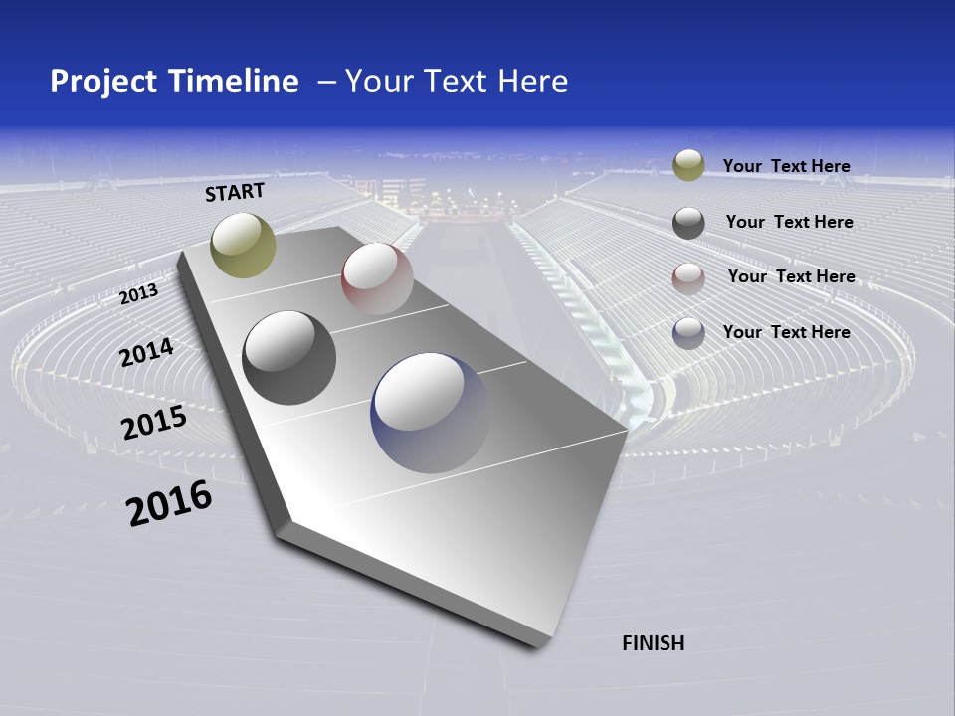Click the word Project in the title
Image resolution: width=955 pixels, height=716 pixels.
click(103, 82)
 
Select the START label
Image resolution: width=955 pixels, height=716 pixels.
click(235, 192)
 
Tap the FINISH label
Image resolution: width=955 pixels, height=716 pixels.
click(654, 643)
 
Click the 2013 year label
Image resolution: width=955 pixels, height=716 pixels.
click(139, 293)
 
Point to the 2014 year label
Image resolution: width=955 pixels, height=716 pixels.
click(146, 352)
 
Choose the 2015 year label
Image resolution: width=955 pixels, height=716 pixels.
click(154, 423)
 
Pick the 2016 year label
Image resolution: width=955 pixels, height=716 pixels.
click(169, 502)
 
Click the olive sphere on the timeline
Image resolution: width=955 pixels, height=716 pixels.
click(244, 246)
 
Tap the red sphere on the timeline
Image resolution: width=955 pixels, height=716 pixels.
click(377, 278)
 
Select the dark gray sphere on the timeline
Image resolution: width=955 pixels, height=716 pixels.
click(289, 358)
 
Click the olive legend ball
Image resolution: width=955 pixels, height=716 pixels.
click(688, 165)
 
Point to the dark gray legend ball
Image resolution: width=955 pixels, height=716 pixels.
click(688, 223)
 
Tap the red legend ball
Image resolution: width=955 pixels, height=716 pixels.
click(688, 278)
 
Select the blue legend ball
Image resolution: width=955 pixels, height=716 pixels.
click(688, 333)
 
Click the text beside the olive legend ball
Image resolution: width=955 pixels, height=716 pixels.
click(786, 166)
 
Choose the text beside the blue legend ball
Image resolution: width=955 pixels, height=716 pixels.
click(786, 332)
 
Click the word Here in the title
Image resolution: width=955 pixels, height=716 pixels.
click(534, 82)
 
